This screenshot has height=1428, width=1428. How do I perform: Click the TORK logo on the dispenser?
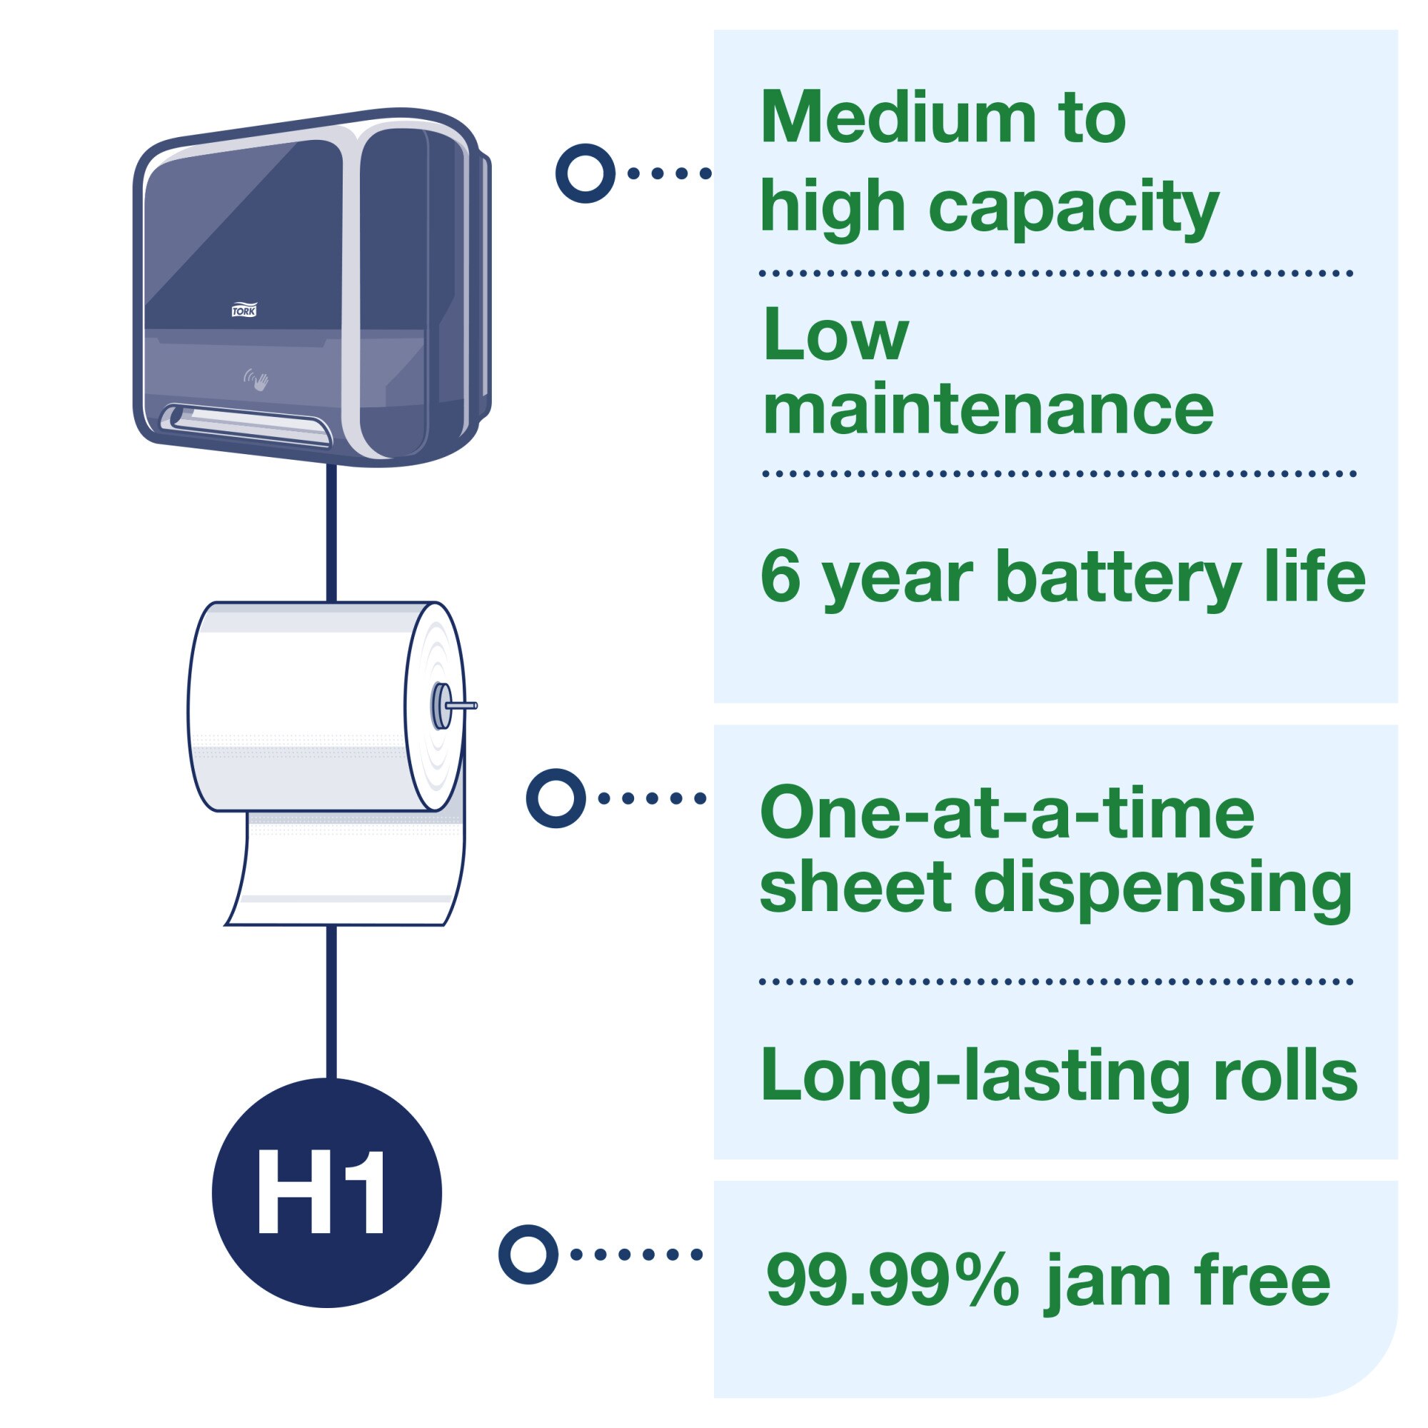tap(244, 311)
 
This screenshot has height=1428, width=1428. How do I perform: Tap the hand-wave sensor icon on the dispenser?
tap(257, 381)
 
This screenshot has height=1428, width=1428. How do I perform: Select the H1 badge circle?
tap(327, 1192)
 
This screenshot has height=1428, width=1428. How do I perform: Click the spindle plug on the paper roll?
tap(442, 706)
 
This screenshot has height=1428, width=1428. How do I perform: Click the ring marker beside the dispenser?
tap(585, 173)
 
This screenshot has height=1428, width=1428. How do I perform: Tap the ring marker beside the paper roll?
tap(555, 798)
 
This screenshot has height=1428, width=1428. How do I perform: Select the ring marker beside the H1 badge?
tap(528, 1254)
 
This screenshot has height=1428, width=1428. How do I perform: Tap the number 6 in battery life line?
tap(780, 577)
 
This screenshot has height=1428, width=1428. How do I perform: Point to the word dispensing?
tap(1168, 889)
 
